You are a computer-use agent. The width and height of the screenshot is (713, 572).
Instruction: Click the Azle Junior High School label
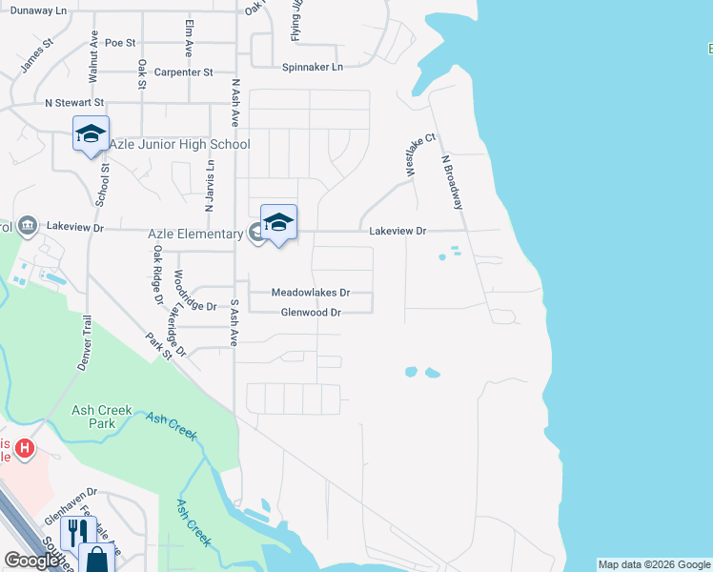click(179, 144)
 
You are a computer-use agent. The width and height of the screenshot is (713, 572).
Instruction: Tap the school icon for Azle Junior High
click(91, 134)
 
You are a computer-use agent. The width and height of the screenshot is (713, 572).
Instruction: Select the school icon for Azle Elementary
click(278, 223)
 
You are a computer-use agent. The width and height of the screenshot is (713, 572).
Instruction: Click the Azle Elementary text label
click(195, 234)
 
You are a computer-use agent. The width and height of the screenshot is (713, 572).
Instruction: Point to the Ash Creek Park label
click(102, 417)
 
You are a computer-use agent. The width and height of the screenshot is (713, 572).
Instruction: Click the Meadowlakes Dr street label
click(311, 293)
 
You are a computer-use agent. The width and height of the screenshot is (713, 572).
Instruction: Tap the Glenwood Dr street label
click(311, 313)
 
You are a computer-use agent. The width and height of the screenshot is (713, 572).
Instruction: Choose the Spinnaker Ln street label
click(313, 67)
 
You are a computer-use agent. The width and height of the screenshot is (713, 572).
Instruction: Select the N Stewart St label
click(74, 102)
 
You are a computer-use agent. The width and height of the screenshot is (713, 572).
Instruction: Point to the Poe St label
click(121, 43)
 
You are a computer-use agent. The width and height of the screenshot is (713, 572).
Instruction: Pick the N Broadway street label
click(452, 183)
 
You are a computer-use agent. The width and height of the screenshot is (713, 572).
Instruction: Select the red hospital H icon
click(25, 445)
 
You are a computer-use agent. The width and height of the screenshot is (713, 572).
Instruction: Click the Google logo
click(32, 561)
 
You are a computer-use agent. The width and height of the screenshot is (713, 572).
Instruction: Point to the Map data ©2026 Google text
click(654, 564)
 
